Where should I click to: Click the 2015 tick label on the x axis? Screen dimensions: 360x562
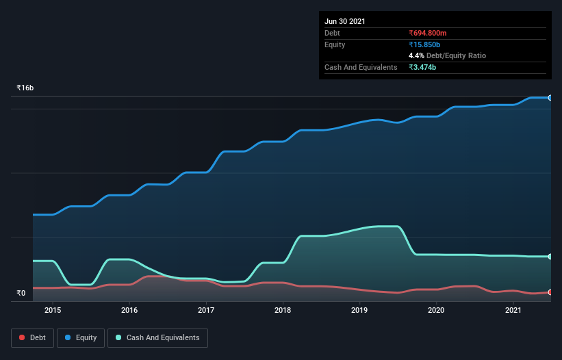coord(53,310)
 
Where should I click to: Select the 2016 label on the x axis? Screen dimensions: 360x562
coord(129,310)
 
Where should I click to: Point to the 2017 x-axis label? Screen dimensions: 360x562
coord(206,310)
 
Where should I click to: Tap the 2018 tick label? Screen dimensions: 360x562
coord(283,310)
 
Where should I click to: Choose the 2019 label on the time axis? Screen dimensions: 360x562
coord(359,310)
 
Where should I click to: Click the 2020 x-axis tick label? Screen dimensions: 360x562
coord(436,310)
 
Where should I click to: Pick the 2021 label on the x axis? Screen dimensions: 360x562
coord(513,310)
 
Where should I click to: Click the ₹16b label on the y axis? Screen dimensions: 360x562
coord(25,88)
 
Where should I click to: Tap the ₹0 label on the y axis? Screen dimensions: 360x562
coord(21,293)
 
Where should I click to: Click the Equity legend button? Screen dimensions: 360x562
coord(81,337)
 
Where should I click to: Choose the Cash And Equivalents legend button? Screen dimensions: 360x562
coord(157,337)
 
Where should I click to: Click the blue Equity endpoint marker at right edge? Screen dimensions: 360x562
coord(550,98)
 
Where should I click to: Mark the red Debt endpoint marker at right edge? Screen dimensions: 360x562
coord(550,292)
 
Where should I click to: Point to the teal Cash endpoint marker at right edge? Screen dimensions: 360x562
coord(550,257)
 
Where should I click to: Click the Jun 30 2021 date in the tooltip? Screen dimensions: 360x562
coord(345,21)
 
